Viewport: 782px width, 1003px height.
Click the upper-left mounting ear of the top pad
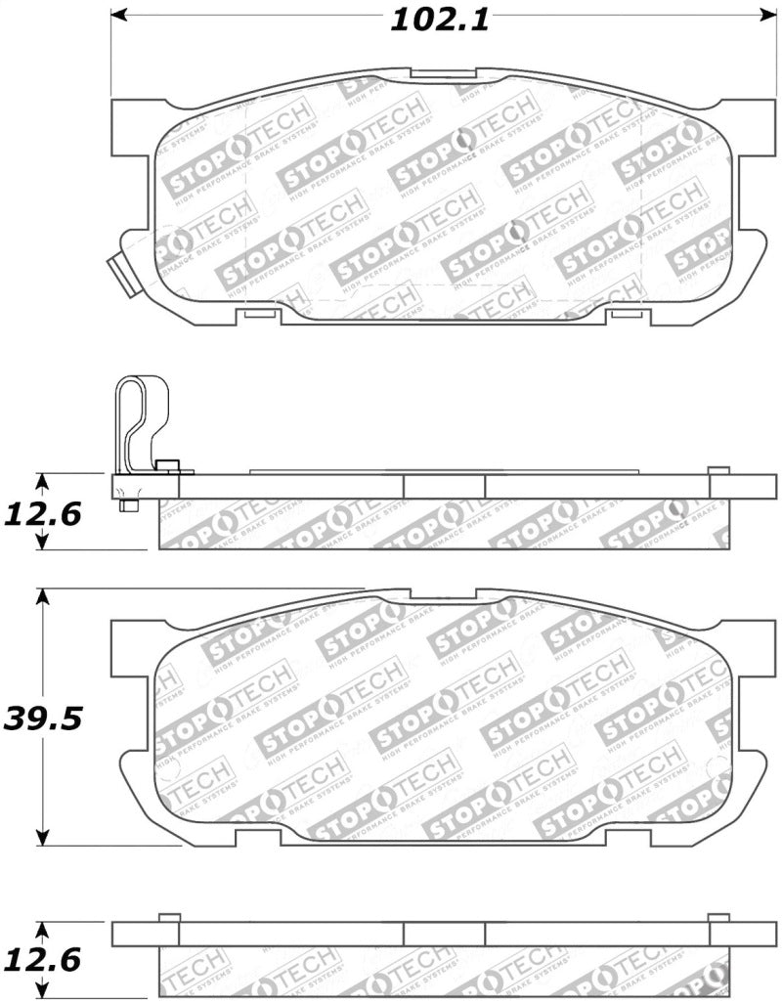(131, 127)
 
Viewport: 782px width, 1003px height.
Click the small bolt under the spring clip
(128, 505)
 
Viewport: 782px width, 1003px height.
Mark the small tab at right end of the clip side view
(718, 470)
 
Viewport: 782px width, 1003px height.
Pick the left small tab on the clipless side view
(168, 917)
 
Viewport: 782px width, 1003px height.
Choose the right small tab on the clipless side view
(718, 917)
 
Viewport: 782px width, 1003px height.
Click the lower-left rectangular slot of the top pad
(258, 314)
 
